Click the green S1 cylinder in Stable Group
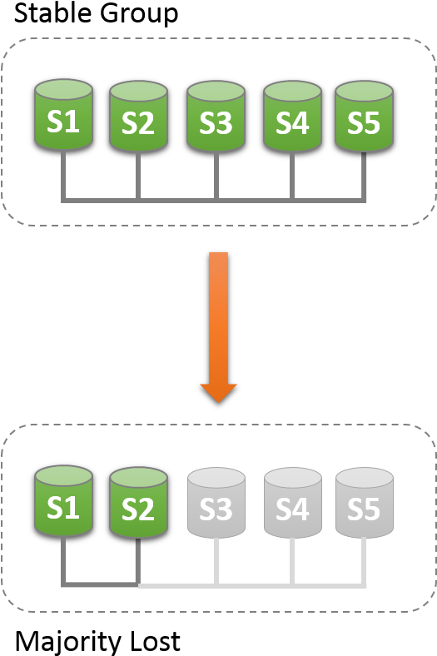(x=63, y=115)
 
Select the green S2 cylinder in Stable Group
(x=138, y=116)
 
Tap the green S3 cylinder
(x=216, y=117)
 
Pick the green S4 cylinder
(x=292, y=117)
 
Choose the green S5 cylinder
(x=365, y=117)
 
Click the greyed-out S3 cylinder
(x=216, y=503)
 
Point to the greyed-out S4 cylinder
(x=292, y=503)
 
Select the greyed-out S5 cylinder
(x=365, y=503)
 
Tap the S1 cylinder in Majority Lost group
(x=63, y=501)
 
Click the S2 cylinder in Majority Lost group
(x=138, y=503)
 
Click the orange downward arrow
(x=218, y=327)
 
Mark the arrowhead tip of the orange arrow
(x=218, y=403)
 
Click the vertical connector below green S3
(x=216, y=176)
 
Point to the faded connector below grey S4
(x=292, y=561)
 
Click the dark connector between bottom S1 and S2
(x=101, y=584)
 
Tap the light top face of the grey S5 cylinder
(x=365, y=477)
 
